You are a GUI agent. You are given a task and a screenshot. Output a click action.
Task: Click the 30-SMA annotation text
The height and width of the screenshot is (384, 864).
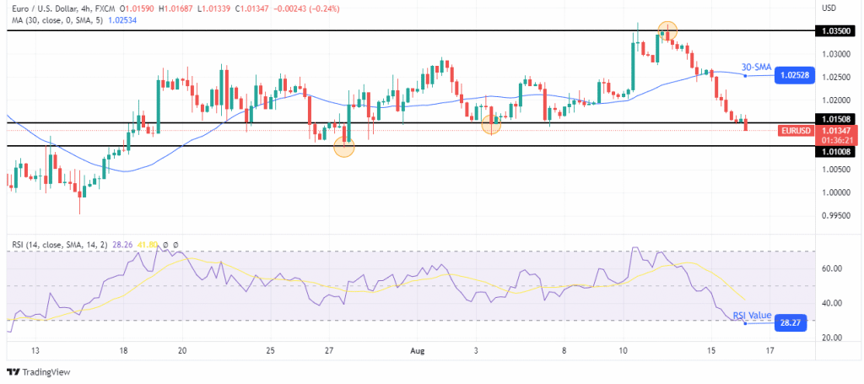tap(757, 67)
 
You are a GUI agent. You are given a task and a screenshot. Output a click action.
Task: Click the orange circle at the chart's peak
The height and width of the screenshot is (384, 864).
tap(667, 30)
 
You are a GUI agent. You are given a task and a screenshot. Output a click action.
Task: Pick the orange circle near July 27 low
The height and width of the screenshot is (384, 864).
tap(344, 148)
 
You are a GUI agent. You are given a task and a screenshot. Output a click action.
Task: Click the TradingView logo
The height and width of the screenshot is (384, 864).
tap(40, 372)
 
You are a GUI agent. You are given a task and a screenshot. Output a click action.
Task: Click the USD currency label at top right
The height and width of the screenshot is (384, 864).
tap(829, 8)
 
